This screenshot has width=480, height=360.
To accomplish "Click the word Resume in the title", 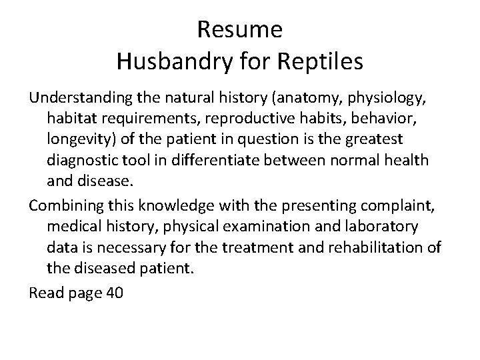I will (240, 29).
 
